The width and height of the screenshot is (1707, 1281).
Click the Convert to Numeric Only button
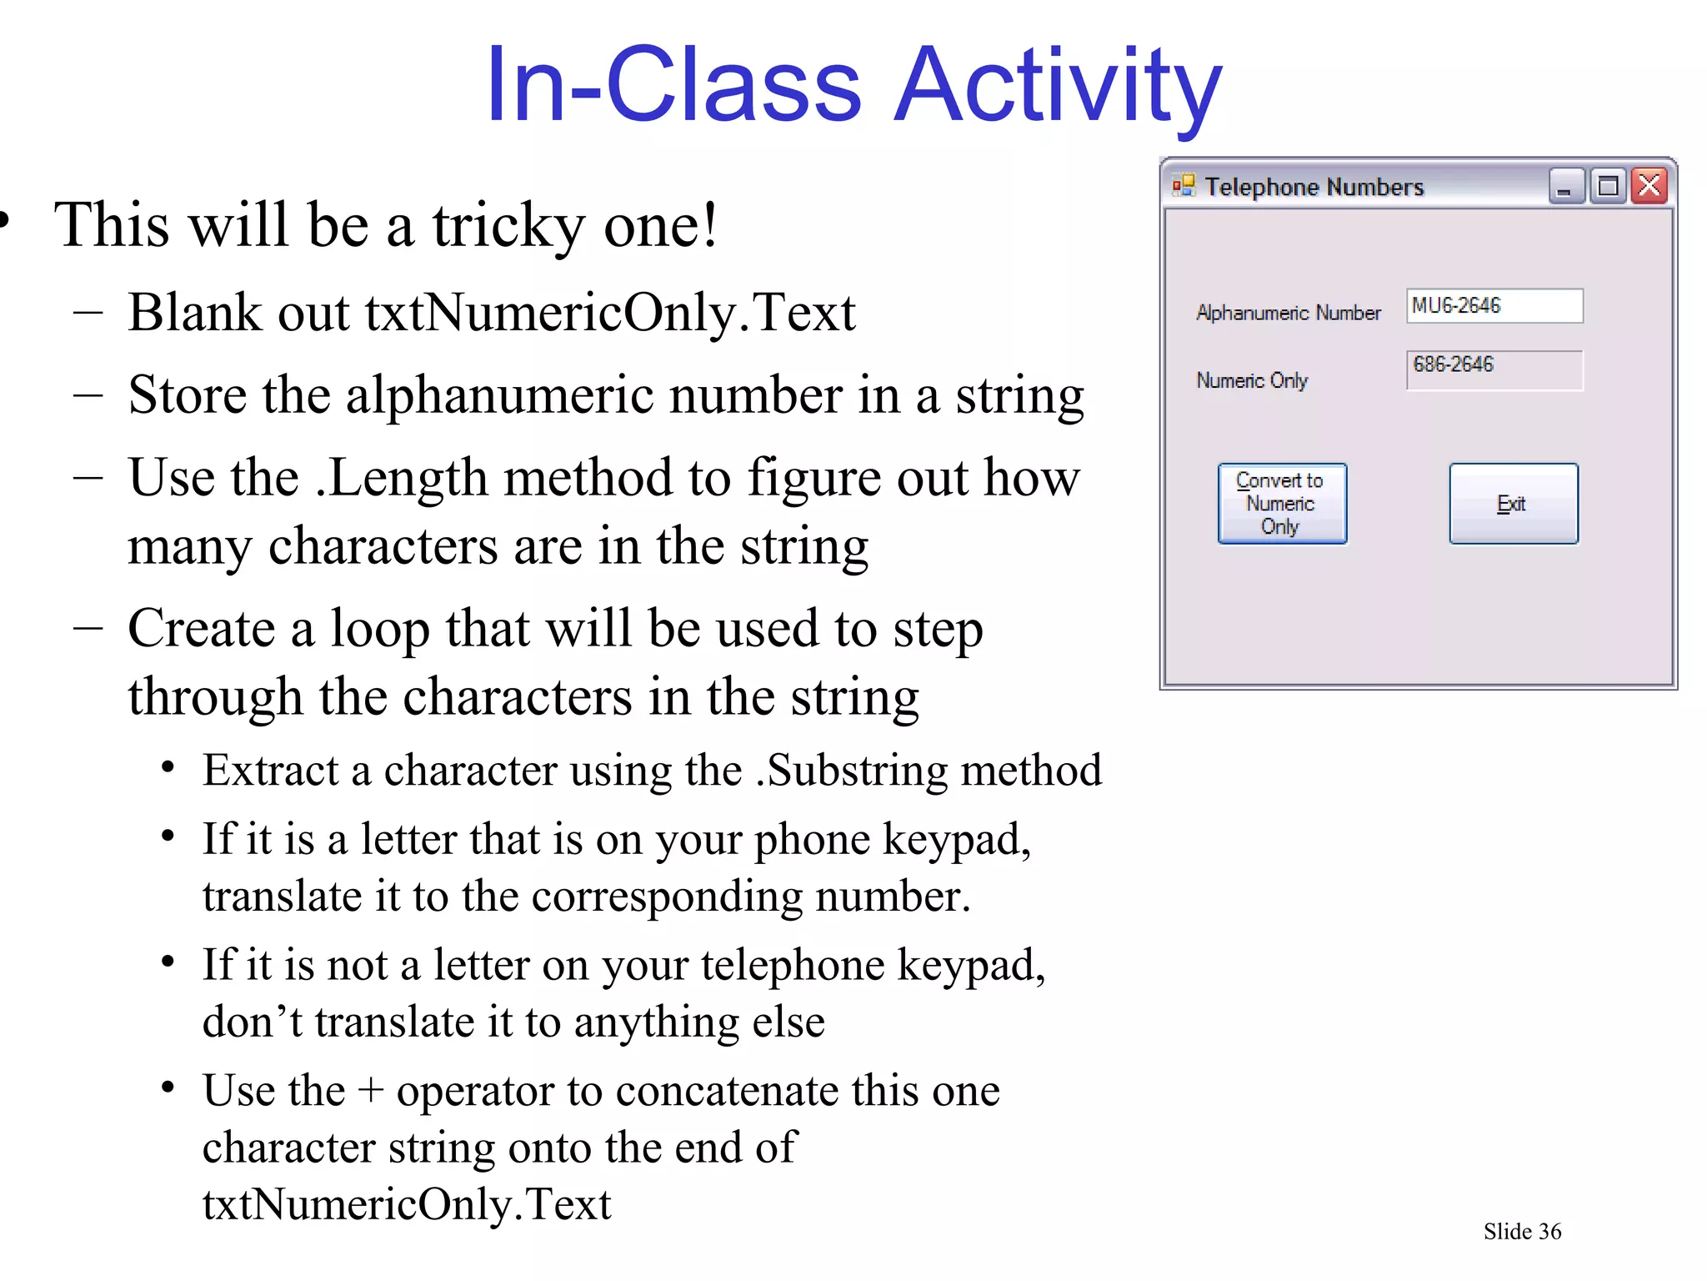(1281, 504)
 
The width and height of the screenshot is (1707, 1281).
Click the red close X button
(1649, 186)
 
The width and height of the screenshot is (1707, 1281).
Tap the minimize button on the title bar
(1565, 186)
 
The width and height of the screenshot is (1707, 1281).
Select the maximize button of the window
(1608, 186)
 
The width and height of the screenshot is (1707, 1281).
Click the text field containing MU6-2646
(1494, 306)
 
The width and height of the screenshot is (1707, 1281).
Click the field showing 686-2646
(1494, 370)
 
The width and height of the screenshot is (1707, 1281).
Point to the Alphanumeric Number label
(1288, 313)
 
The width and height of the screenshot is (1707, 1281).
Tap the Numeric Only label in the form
(1252, 380)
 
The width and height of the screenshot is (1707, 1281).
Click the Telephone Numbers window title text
(1314, 187)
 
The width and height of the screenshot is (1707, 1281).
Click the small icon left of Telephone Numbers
(1183, 185)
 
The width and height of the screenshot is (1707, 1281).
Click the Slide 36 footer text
(1522, 1231)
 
